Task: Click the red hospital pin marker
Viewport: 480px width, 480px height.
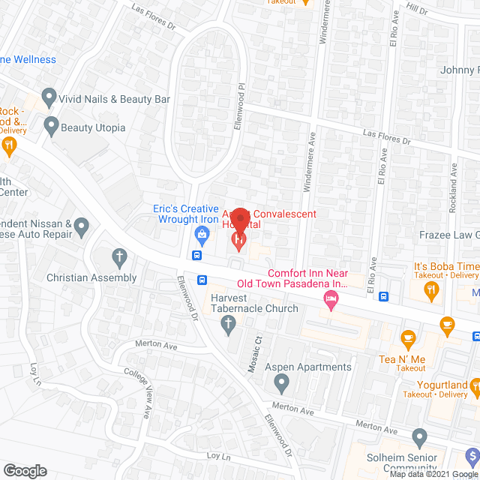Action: [x=238, y=239]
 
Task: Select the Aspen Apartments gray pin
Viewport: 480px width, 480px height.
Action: [x=281, y=384]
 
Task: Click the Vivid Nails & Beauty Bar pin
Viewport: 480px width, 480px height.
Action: [x=49, y=97]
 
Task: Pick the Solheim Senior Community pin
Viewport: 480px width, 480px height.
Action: [x=419, y=436]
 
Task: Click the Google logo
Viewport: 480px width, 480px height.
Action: [x=24, y=470]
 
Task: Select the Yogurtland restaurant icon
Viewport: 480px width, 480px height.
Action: [x=474, y=387]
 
